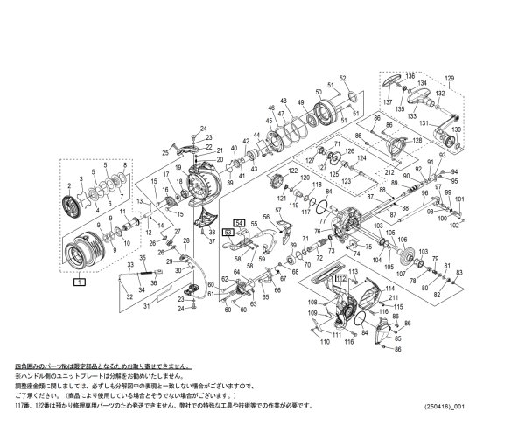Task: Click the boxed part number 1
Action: click(x=80, y=283)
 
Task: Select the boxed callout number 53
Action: click(x=227, y=233)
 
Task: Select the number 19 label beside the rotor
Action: click(x=176, y=166)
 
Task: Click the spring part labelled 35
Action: click(x=142, y=272)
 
